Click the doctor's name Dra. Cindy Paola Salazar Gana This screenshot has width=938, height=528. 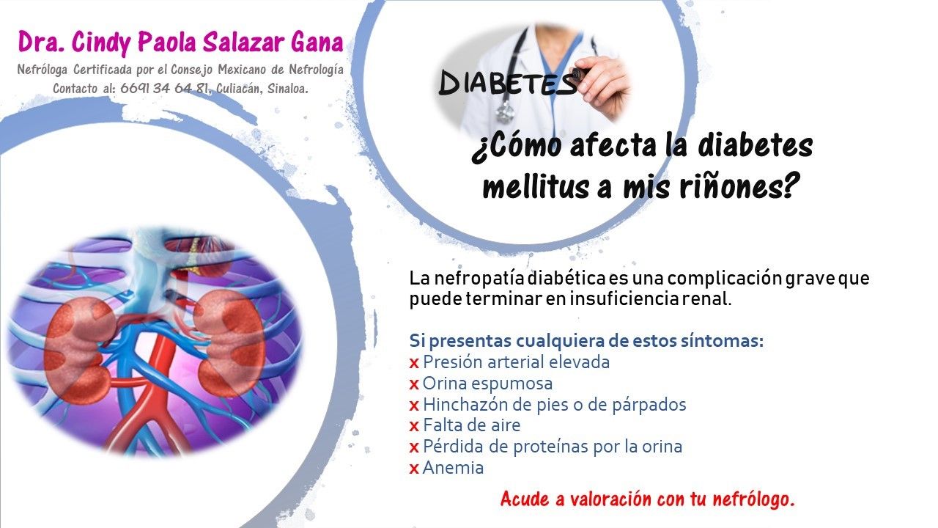180,42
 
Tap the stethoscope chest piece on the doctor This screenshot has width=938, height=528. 504,112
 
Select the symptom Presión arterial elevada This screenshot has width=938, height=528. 516,362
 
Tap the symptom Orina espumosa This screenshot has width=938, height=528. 487,384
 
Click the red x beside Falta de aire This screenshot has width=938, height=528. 414,426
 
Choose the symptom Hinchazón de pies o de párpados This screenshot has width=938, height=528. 554,405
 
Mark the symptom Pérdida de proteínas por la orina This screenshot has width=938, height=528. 552,447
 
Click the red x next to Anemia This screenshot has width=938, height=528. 414,469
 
